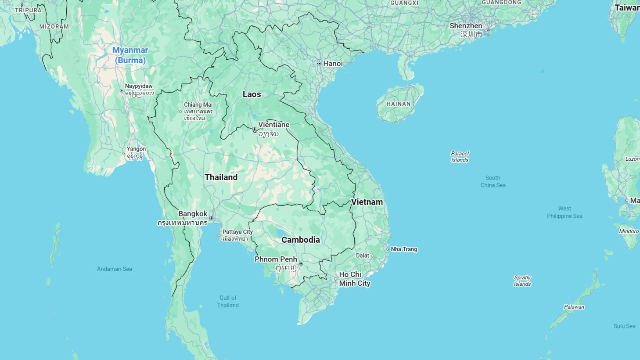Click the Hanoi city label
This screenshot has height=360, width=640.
[x=333, y=64]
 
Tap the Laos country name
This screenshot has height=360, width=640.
[x=252, y=94]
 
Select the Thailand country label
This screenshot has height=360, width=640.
[x=221, y=177]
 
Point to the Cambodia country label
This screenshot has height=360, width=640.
[x=301, y=240]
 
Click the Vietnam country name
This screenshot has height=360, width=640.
[x=367, y=202]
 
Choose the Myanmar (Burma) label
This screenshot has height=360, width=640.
[x=130, y=55]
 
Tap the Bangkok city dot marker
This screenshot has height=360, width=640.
[x=211, y=218]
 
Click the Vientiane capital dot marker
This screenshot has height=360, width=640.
[x=255, y=129]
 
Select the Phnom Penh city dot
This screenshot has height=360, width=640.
[x=301, y=264]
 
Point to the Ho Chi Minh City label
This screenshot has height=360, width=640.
[x=355, y=279]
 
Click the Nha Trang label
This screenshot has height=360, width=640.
[x=404, y=249]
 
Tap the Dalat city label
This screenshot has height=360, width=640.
[x=363, y=256]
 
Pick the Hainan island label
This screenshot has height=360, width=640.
[x=399, y=104]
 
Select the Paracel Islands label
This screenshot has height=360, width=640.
[x=460, y=157]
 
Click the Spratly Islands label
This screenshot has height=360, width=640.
[x=522, y=281]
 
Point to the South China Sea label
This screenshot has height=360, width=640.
[x=493, y=181]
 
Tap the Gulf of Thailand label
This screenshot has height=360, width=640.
[x=228, y=302]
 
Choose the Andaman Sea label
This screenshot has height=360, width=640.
[x=115, y=269]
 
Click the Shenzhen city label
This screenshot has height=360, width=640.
[x=466, y=26]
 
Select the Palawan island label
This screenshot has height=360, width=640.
[x=574, y=307]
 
